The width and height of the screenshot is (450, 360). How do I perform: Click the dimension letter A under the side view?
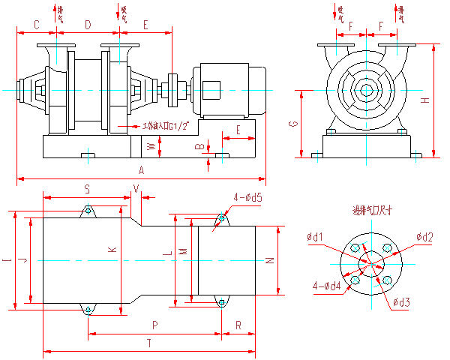141,172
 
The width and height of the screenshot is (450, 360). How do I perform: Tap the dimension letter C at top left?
36,25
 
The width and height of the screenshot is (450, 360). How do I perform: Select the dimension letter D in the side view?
88,25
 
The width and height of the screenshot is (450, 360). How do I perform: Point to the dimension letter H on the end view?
424,100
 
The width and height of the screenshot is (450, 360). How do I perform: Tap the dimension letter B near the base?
199,146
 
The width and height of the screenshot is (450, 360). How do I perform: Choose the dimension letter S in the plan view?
87,187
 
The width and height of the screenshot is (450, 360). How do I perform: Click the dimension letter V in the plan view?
136,187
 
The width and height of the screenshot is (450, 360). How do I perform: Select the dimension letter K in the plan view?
112,249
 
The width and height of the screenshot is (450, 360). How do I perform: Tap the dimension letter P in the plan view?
154,325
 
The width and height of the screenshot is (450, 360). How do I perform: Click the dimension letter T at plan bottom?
148,343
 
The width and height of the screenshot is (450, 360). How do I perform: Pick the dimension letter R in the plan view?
238,325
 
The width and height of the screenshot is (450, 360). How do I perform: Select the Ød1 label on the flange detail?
315,237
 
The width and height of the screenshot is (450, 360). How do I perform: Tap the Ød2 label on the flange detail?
424,237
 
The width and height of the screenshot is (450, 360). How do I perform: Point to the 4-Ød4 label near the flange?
326,285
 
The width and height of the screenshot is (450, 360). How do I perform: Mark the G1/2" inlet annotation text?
159,126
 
